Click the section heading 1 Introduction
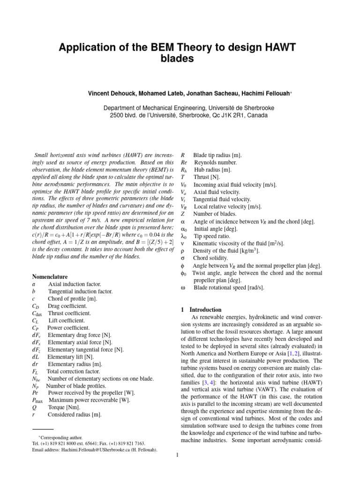tap(201, 310)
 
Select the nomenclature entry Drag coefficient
tap(67, 306)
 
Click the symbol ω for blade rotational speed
tap(183, 287)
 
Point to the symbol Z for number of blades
tap(183, 214)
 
